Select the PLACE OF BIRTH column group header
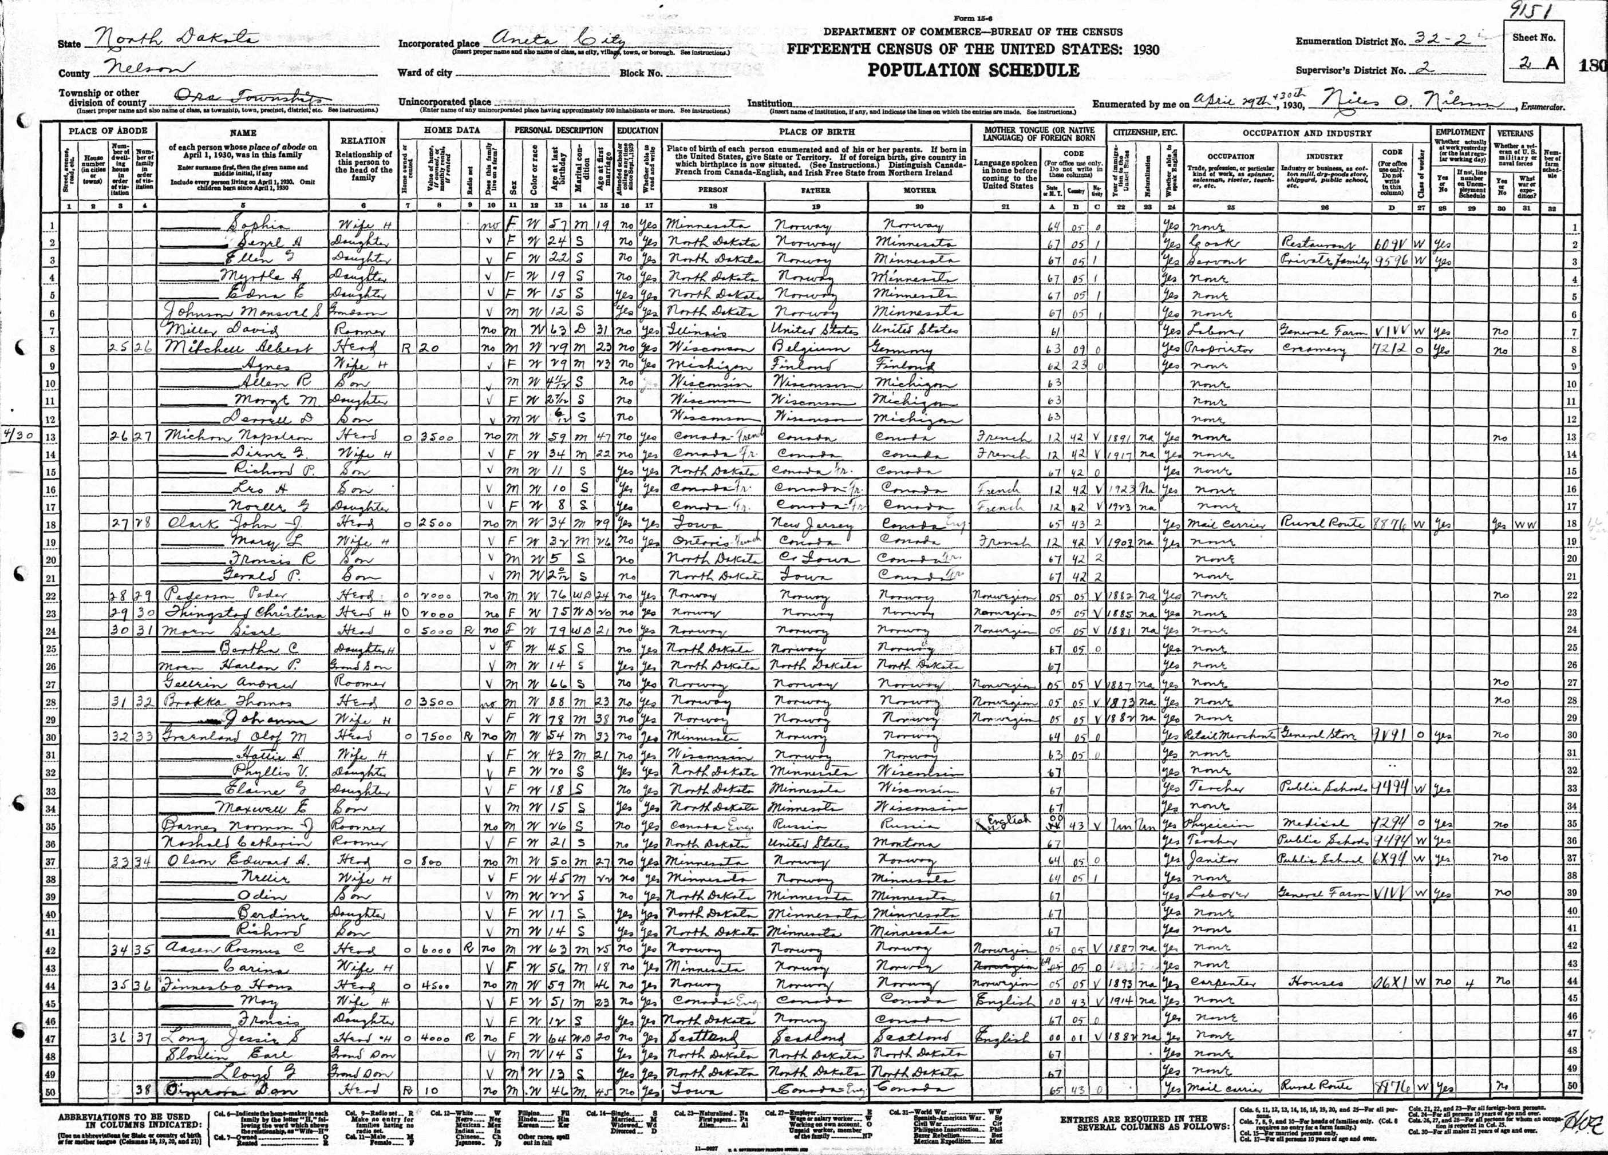pyautogui.click(x=817, y=132)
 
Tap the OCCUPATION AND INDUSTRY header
pyautogui.click(x=1306, y=133)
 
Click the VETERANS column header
pyautogui.click(x=1515, y=133)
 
